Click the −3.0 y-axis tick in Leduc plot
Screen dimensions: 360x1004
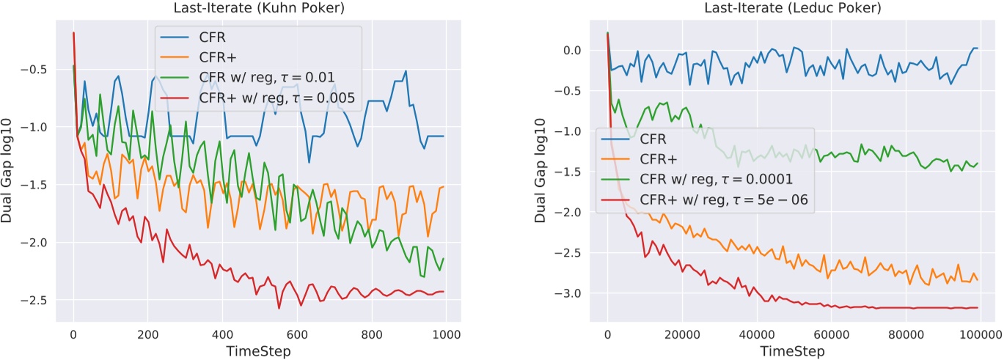click(x=570, y=294)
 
